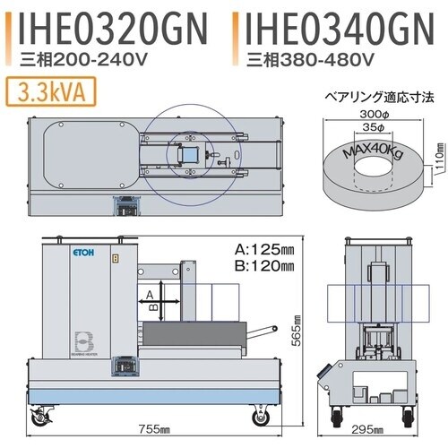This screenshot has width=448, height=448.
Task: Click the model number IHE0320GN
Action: pyautogui.click(x=112, y=29)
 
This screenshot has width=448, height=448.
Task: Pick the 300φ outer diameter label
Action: pyautogui.click(x=369, y=116)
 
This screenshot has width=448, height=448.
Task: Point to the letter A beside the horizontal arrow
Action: pyautogui.click(x=151, y=292)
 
